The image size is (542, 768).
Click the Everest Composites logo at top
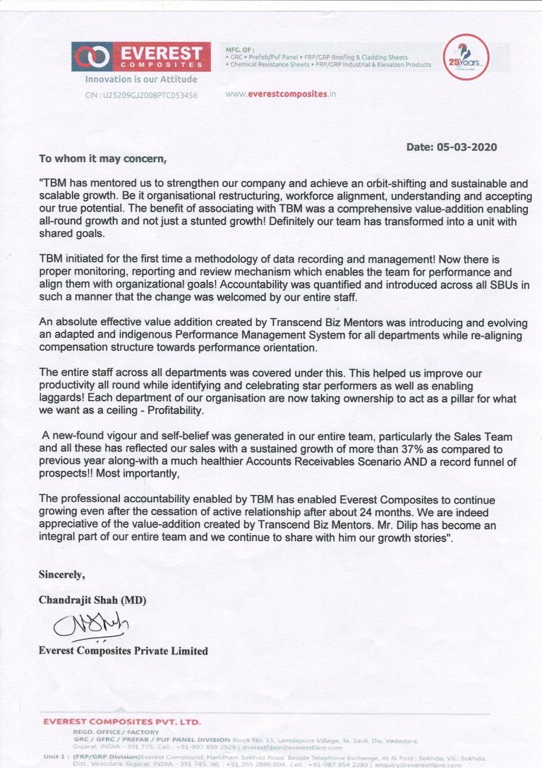coord(140,56)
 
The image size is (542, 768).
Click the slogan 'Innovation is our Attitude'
coord(141,80)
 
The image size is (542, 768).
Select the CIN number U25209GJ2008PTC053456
coord(141,95)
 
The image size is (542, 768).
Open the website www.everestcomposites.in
coord(281,94)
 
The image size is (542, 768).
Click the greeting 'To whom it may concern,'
coord(103,159)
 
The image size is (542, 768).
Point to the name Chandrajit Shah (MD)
coord(92,600)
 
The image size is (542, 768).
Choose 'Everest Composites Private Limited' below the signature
coord(123,651)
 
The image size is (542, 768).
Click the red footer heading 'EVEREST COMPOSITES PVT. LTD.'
coord(122,721)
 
